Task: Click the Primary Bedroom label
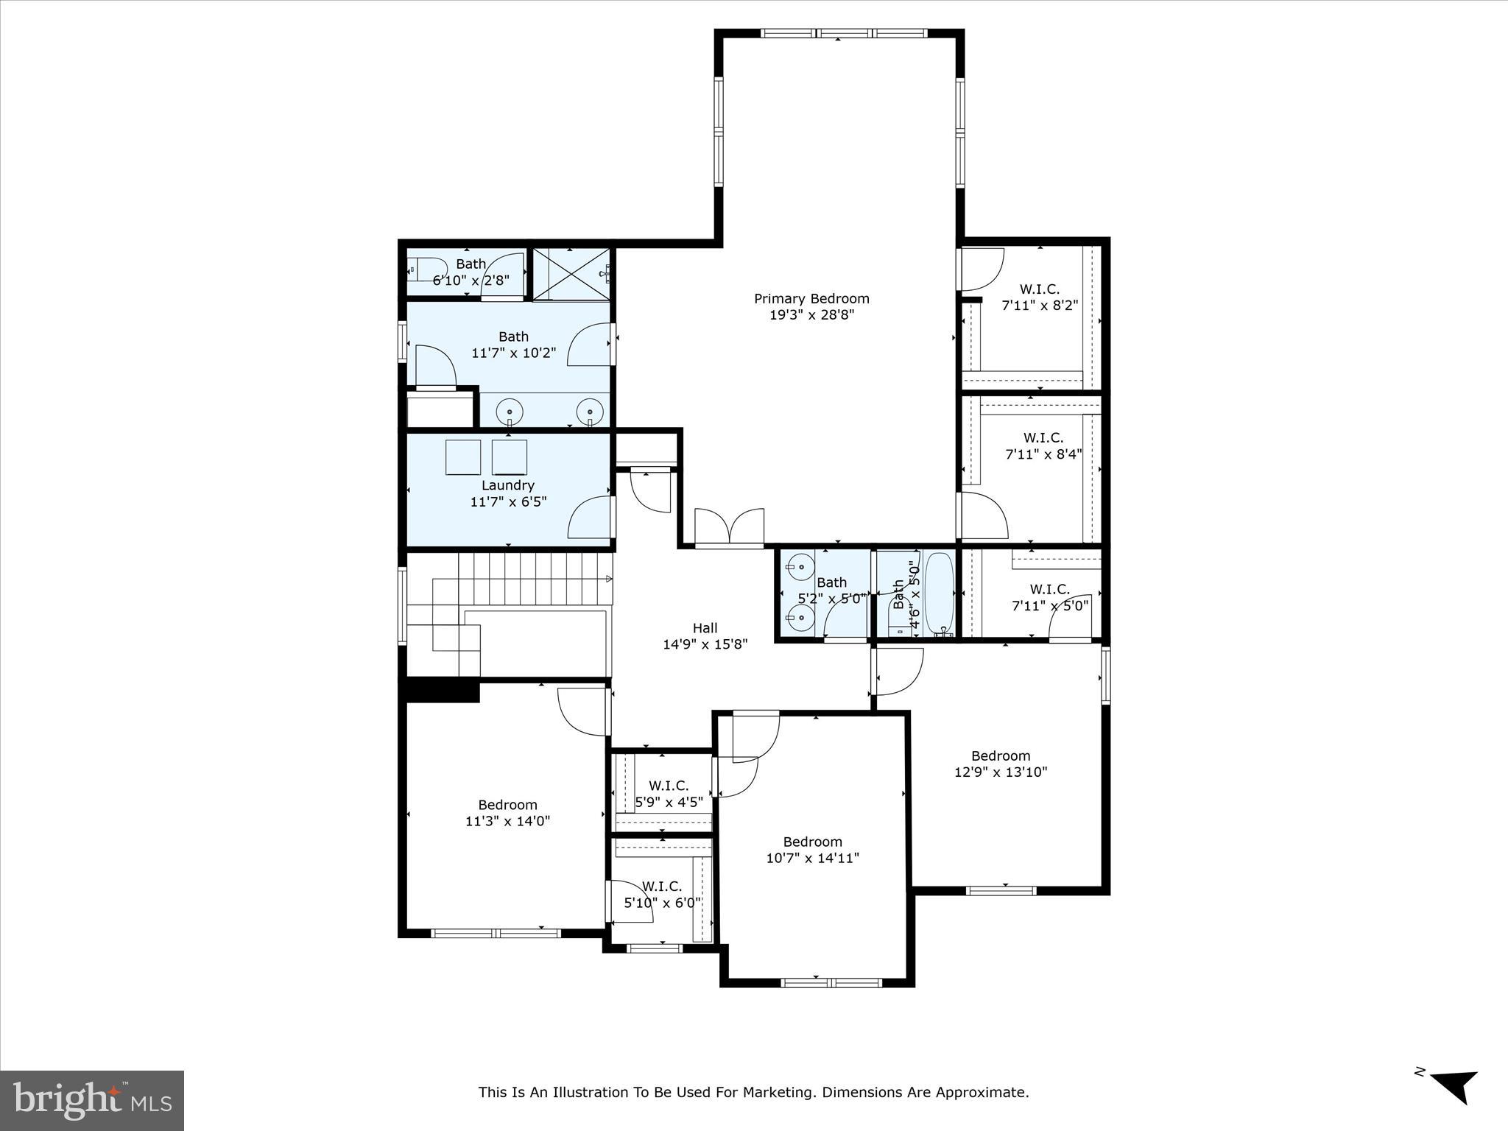click(x=811, y=298)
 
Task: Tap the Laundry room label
click(x=507, y=485)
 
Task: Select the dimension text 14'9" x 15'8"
click(x=705, y=644)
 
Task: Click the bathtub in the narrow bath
click(x=939, y=593)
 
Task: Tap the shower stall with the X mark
click(x=571, y=274)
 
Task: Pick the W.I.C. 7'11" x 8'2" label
click(x=1040, y=297)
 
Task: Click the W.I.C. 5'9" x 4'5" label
click(x=669, y=794)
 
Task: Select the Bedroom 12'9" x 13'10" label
click(x=1000, y=764)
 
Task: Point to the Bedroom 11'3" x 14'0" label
click(x=507, y=813)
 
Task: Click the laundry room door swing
click(x=589, y=518)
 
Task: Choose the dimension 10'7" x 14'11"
click(x=812, y=858)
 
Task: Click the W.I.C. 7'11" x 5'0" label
click(x=1049, y=597)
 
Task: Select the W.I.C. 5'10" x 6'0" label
click(x=662, y=895)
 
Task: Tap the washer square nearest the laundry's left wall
click(x=463, y=457)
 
